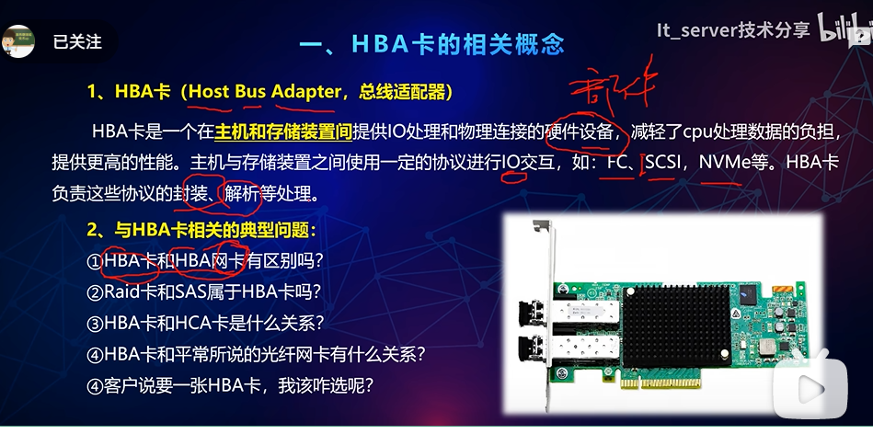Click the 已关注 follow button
[x=77, y=42]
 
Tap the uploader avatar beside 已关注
[x=18, y=41]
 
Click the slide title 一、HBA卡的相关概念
[x=432, y=43]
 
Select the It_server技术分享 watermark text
[x=732, y=29]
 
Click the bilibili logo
[x=842, y=31]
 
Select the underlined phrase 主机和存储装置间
[x=283, y=132]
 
